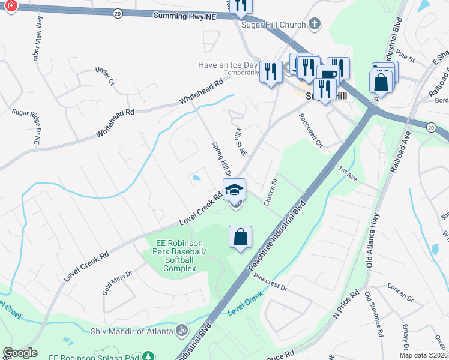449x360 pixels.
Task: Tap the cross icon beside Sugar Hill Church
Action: coord(315,25)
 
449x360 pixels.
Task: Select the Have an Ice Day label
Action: coord(228,64)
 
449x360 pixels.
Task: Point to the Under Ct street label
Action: coord(104,76)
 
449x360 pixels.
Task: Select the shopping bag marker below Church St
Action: coord(240,237)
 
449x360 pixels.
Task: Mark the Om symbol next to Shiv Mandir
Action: coord(181,330)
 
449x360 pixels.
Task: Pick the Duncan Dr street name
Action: coord(401,292)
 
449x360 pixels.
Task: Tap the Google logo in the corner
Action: coord(20,353)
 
